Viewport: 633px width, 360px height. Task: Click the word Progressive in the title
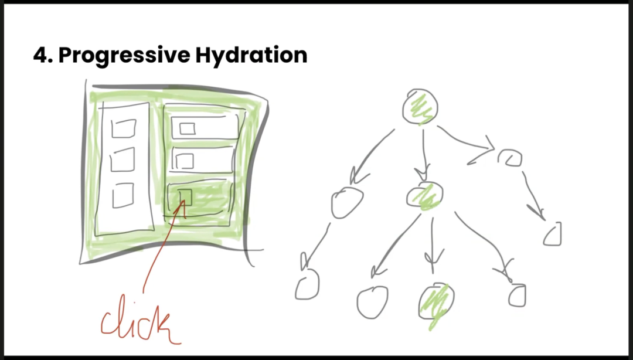pos(124,56)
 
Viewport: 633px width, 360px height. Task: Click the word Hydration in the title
pos(251,56)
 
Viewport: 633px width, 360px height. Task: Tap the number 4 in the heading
pos(40,55)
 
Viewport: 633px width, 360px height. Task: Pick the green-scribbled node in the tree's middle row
pos(425,196)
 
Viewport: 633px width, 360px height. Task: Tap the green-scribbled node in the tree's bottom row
pos(436,303)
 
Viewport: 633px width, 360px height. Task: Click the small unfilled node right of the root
pos(510,158)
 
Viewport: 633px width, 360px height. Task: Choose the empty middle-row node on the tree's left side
pos(347,203)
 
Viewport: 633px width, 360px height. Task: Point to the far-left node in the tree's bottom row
pos(307,285)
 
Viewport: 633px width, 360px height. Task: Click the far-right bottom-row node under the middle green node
pos(517,296)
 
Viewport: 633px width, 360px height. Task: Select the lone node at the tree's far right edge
pos(552,234)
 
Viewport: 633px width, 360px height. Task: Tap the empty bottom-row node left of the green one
pos(372,302)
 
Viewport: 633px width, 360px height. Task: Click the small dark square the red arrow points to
pos(185,197)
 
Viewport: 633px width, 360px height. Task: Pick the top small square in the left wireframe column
pos(124,128)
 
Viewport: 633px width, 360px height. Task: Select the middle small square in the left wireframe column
pos(122,159)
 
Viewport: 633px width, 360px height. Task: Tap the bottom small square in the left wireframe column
pos(123,196)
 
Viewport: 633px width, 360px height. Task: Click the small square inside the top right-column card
pos(188,128)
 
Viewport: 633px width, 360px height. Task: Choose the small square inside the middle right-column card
pos(185,161)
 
